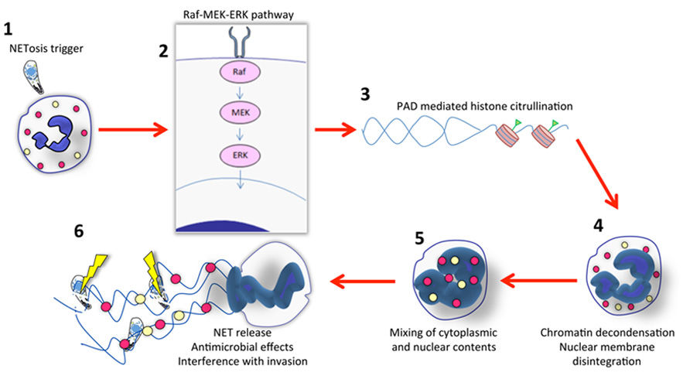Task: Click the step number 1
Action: point(9,30)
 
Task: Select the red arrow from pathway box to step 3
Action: point(333,131)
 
